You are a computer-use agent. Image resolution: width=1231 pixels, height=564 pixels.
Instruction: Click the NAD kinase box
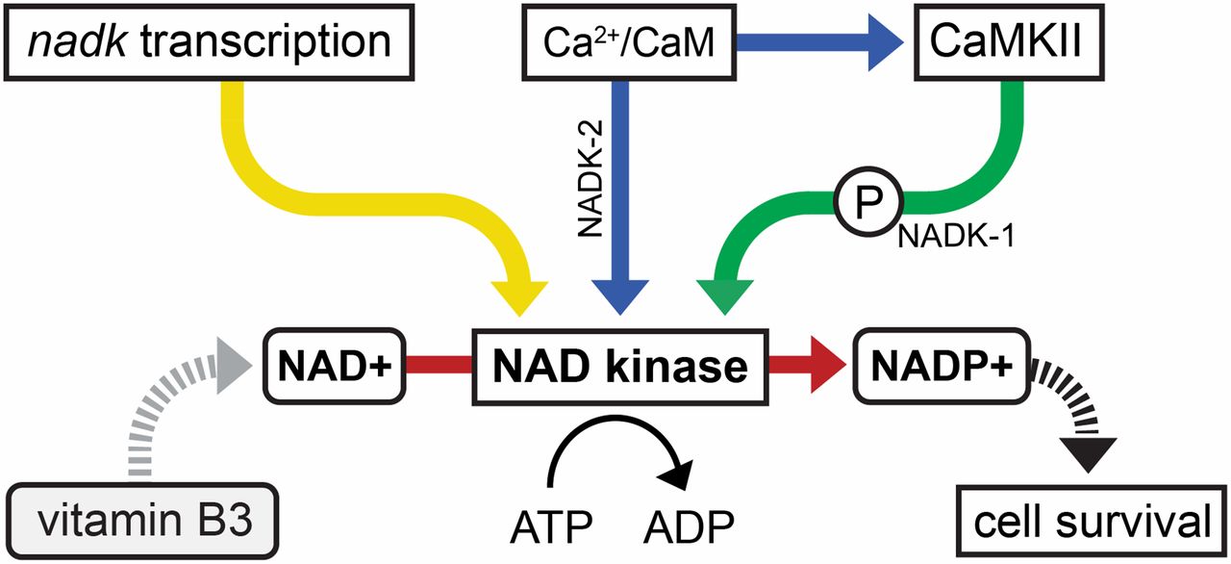click(619, 367)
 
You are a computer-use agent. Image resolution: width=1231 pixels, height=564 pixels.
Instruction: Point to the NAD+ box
click(335, 367)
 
